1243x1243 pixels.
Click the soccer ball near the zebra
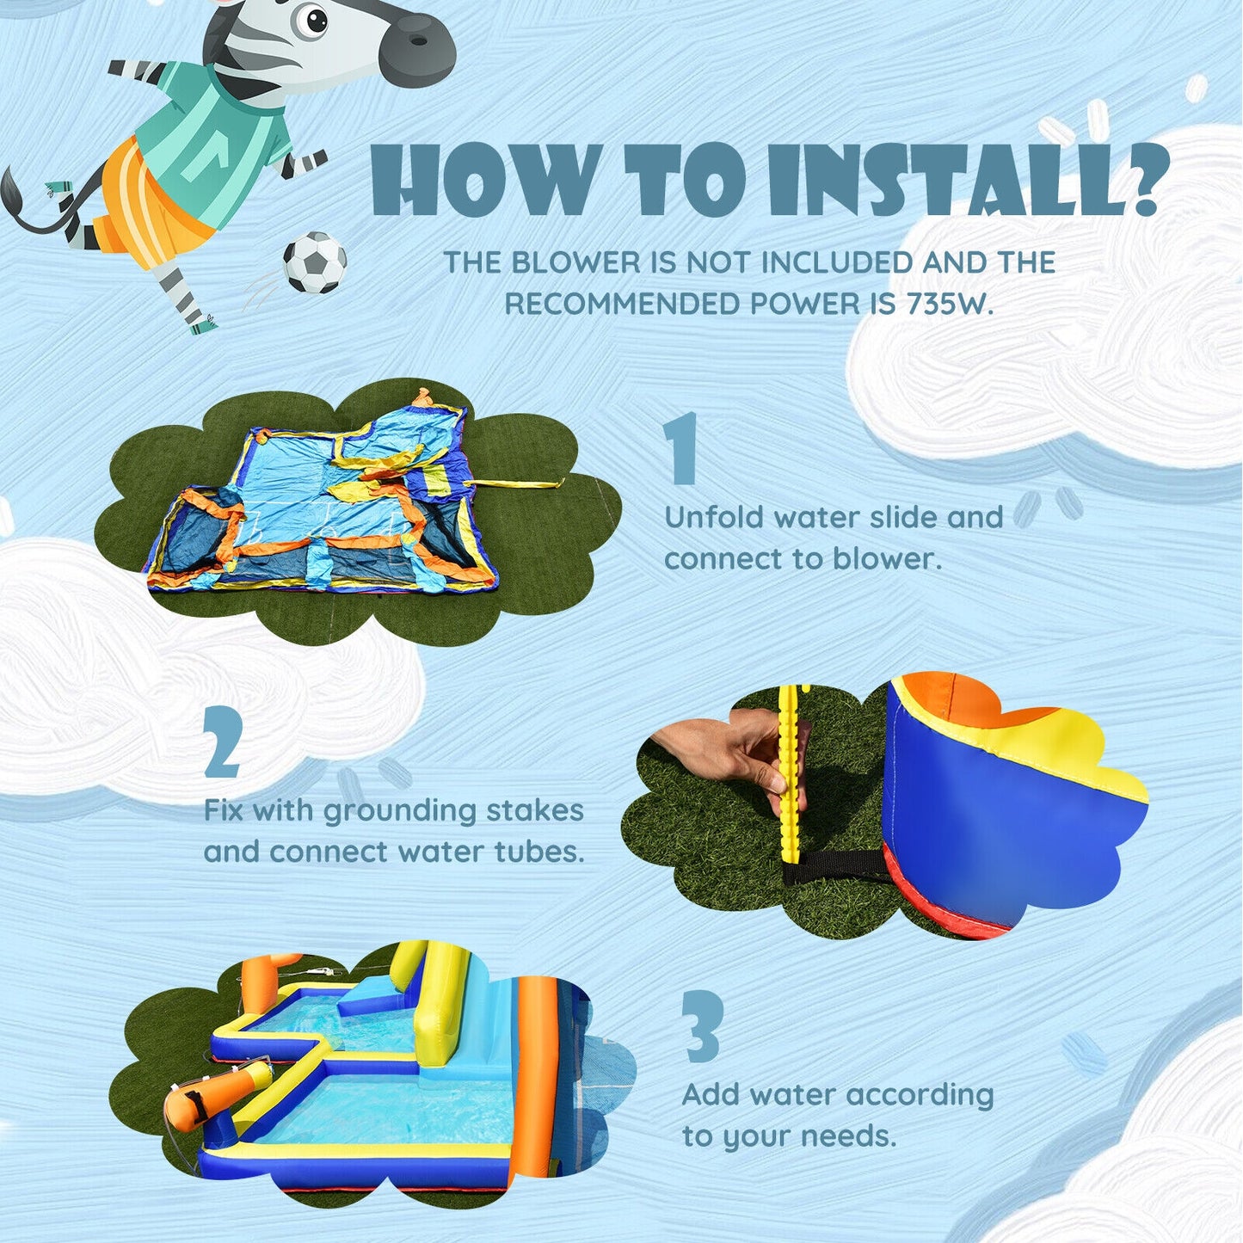(x=315, y=262)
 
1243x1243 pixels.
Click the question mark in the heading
(x=1146, y=179)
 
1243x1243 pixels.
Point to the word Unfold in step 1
(x=713, y=518)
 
